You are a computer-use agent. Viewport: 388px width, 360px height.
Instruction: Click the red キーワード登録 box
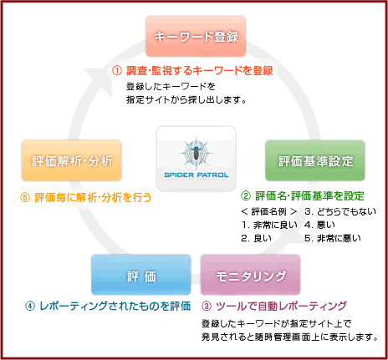click(x=196, y=37)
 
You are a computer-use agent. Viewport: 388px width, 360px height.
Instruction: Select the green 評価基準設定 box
click(x=315, y=160)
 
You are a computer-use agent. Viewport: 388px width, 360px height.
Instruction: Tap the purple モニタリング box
click(x=251, y=275)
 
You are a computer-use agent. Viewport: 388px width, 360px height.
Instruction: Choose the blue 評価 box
click(x=141, y=275)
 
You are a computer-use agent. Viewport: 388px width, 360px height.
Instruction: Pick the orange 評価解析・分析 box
click(x=72, y=160)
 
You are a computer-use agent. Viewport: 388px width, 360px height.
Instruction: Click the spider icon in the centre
click(x=197, y=153)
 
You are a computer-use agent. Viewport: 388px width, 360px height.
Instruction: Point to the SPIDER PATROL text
click(x=197, y=175)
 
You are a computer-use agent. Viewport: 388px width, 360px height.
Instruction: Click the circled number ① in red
click(x=117, y=71)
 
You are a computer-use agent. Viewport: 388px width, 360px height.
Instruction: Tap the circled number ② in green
click(x=246, y=196)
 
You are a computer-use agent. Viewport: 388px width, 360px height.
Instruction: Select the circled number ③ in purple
click(x=207, y=307)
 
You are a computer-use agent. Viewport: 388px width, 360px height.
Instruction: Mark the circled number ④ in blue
click(x=30, y=307)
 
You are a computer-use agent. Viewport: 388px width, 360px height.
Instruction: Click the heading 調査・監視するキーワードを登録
click(x=200, y=71)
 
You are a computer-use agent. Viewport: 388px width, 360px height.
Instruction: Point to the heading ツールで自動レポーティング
click(x=281, y=307)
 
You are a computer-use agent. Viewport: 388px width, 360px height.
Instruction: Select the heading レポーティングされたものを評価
click(x=115, y=307)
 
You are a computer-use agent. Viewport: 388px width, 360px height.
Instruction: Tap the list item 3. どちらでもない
click(x=340, y=211)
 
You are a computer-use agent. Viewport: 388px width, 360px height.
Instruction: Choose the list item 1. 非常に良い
click(x=269, y=225)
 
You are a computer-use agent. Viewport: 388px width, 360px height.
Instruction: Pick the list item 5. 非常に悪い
click(x=333, y=238)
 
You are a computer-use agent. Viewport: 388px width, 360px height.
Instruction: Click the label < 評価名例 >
click(x=269, y=211)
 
